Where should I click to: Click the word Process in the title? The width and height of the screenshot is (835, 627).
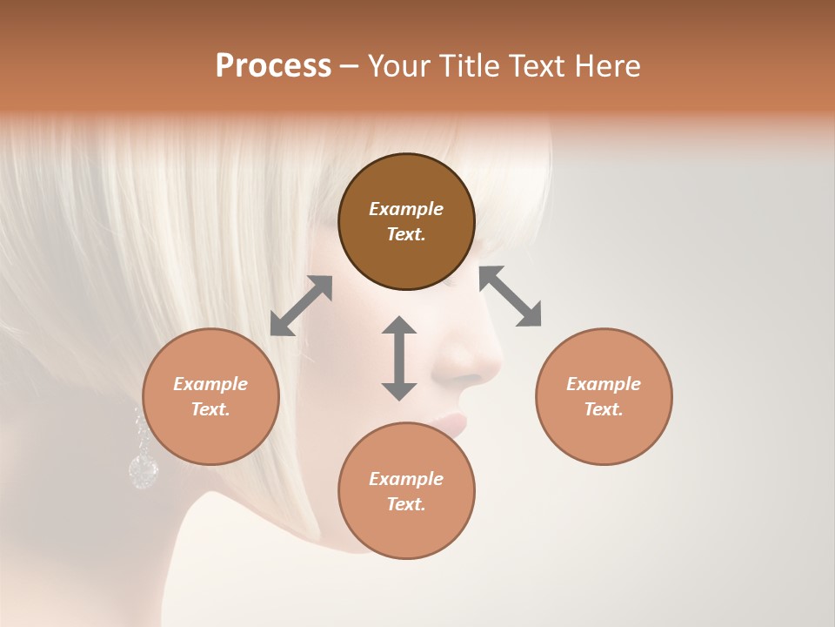273,66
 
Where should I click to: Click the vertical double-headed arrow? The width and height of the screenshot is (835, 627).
399,358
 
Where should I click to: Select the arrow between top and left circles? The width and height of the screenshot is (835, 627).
301,306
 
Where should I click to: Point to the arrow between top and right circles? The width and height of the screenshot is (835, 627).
511,296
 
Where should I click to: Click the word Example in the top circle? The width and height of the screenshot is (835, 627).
406,209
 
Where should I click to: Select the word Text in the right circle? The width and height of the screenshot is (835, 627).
604,409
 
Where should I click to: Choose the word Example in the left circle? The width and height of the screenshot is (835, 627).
210,384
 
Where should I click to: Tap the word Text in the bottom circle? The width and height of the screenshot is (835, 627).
406,504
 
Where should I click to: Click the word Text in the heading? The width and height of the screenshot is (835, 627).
538,66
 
